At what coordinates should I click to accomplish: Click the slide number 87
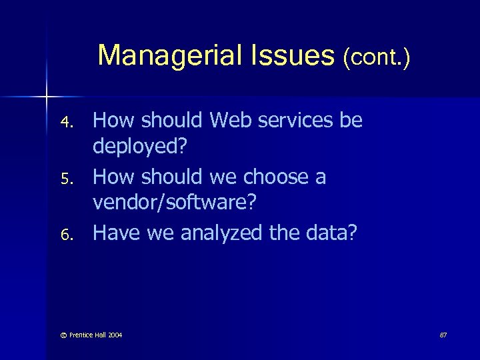pos(443,334)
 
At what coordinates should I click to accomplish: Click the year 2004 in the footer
pos(115,334)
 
